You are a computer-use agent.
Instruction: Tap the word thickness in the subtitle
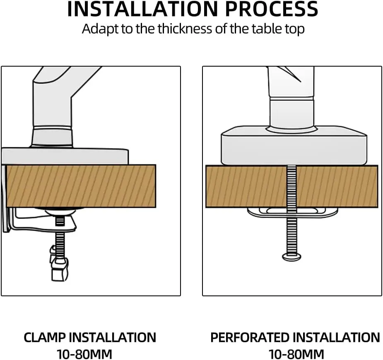(x=185, y=29)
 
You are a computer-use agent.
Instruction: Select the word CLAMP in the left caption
(x=45, y=338)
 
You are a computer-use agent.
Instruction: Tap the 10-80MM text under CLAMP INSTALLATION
(x=84, y=354)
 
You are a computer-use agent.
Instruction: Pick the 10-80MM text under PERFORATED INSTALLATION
(x=296, y=354)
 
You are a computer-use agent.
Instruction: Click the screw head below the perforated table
(x=291, y=257)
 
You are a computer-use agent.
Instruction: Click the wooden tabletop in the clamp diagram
(x=81, y=186)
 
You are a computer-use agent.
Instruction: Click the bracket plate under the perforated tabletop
(x=292, y=212)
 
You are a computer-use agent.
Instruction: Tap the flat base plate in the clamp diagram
(x=65, y=156)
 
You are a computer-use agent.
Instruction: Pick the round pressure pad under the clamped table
(x=59, y=211)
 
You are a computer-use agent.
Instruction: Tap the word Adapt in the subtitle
(x=100, y=29)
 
